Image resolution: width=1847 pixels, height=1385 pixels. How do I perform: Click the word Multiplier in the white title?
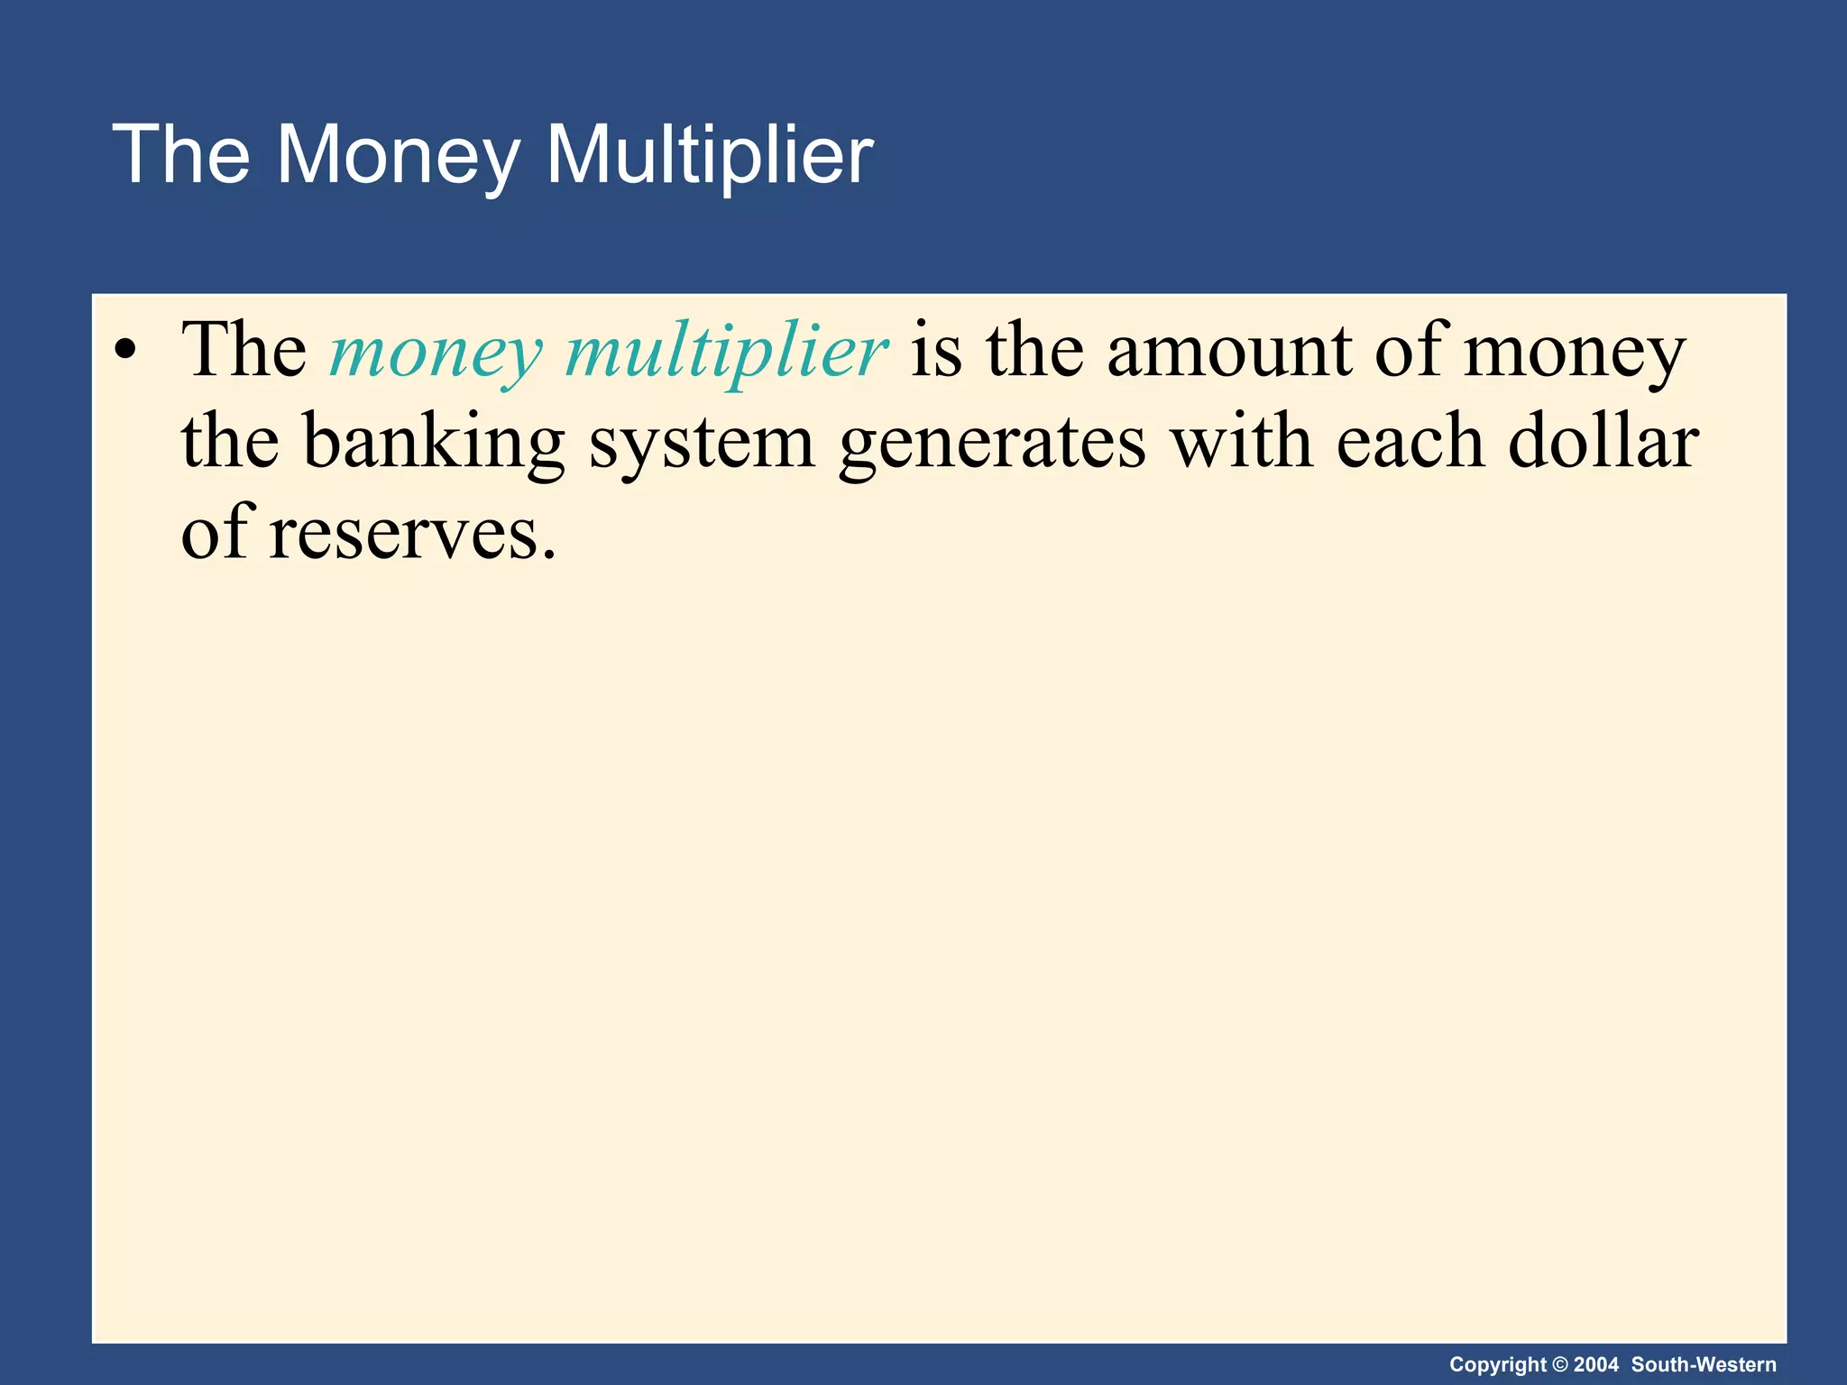click(x=710, y=155)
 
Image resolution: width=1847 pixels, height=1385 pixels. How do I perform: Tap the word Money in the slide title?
click(x=397, y=155)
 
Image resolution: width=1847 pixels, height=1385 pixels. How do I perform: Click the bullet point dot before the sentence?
click(x=126, y=352)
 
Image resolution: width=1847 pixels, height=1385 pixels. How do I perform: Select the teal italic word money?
click(x=436, y=352)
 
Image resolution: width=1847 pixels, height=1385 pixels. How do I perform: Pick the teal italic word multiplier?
click(x=726, y=352)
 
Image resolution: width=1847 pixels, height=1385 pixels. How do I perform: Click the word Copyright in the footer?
click(x=1497, y=1364)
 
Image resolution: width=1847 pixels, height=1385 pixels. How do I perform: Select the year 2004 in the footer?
click(x=1596, y=1364)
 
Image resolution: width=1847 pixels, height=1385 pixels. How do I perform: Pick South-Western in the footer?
click(x=1704, y=1364)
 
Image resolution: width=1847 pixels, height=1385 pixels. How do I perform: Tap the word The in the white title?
click(x=180, y=155)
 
